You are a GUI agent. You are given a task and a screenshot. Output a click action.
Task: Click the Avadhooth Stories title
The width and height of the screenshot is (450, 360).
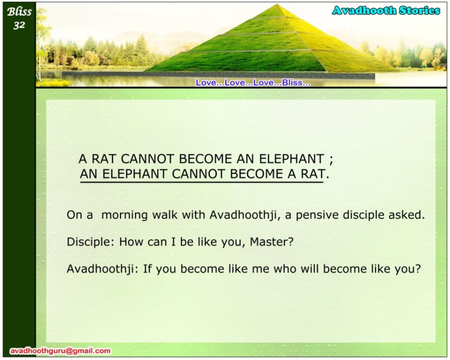[386, 10]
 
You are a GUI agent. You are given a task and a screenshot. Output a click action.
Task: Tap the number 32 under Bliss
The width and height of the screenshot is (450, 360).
[19, 25]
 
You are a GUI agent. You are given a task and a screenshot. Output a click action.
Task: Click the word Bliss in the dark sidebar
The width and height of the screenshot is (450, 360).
[19, 12]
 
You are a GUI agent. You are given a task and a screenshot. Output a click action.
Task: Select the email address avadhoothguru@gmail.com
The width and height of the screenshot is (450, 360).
[60, 351]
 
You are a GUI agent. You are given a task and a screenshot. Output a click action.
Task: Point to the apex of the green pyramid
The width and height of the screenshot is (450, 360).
[277, 4]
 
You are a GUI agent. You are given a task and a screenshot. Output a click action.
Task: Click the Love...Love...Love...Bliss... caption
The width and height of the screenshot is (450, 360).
[253, 82]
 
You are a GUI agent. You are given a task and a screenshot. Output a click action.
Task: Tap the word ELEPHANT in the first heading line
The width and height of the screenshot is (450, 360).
[291, 159]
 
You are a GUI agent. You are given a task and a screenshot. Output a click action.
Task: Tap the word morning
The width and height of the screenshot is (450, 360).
[124, 215]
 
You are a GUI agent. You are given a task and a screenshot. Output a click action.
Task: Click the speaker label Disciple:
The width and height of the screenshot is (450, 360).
[90, 242]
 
